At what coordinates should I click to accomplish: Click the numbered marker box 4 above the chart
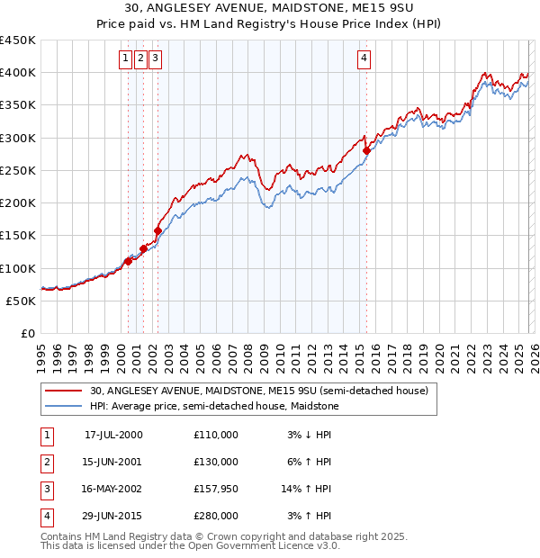click(x=364, y=59)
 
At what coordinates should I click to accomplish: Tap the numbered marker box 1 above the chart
click(x=124, y=59)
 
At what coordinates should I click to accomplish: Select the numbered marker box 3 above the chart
click(x=155, y=59)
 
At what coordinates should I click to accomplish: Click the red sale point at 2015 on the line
click(x=366, y=151)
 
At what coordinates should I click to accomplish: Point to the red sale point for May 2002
click(x=157, y=230)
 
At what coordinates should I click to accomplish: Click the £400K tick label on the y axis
click(x=18, y=73)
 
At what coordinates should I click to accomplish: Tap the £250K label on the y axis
click(x=18, y=170)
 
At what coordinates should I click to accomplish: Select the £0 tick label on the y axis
click(x=27, y=333)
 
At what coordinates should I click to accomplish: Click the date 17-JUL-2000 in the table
click(x=112, y=435)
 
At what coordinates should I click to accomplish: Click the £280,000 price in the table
click(x=215, y=516)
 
